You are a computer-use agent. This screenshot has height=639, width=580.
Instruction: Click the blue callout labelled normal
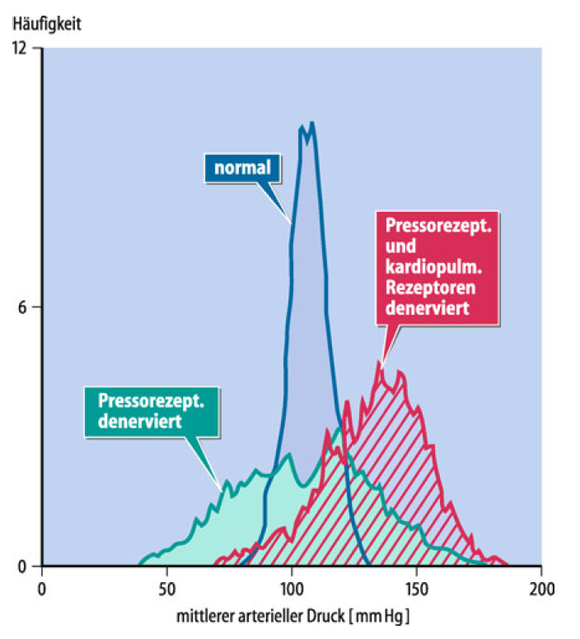pos(242,168)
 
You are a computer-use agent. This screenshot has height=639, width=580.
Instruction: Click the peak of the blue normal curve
pos(311,124)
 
